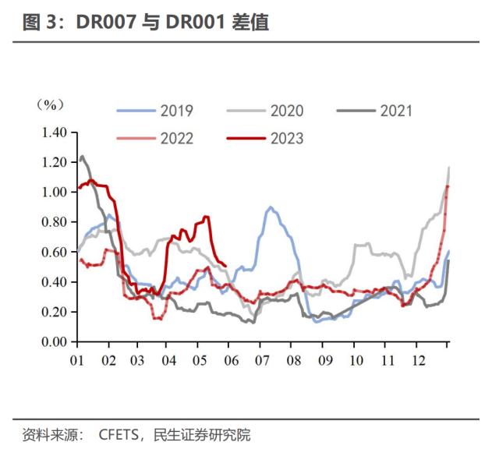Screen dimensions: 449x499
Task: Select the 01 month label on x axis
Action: (77, 360)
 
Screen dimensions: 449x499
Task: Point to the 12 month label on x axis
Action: (418, 360)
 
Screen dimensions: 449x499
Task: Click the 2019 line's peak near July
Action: (270, 207)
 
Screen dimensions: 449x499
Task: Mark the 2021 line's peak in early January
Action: (83, 157)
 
